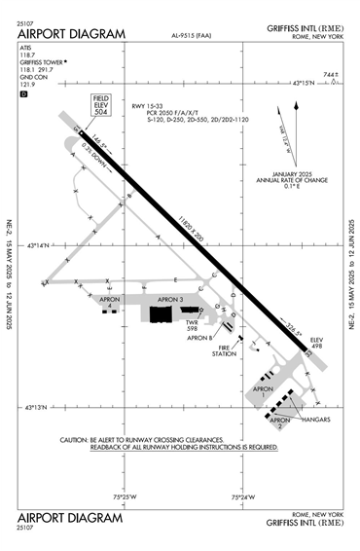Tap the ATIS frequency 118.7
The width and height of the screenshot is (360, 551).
(x=26, y=55)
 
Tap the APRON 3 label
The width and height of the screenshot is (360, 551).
(x=171, y=299)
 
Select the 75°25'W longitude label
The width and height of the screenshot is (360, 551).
(x=124, y=497)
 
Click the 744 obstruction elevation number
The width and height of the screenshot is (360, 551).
(x=330, y=75)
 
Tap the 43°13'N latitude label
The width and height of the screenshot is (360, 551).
(x=46, y=408)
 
